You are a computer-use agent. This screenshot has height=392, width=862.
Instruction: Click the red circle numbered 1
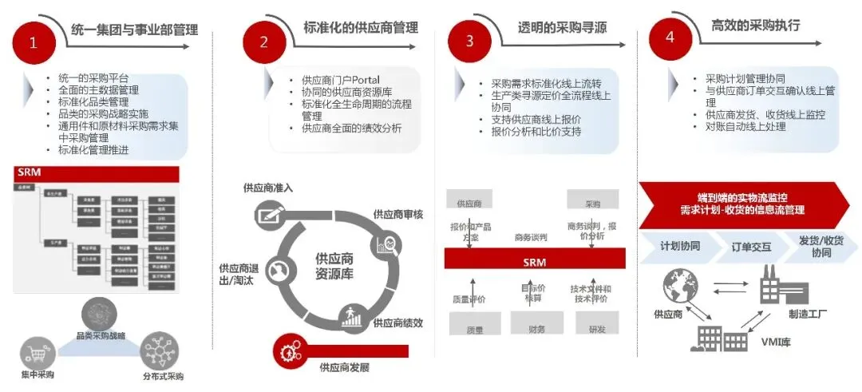(34, 44)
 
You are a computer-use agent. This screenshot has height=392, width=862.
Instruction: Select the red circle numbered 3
(469, 41)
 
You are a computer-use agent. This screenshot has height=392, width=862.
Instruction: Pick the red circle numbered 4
(670, 38)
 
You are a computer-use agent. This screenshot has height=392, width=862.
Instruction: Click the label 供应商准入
(269, 188)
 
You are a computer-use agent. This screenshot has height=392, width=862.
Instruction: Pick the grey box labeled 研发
(596, 325)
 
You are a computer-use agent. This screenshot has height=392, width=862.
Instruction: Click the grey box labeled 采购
(592, 201)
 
